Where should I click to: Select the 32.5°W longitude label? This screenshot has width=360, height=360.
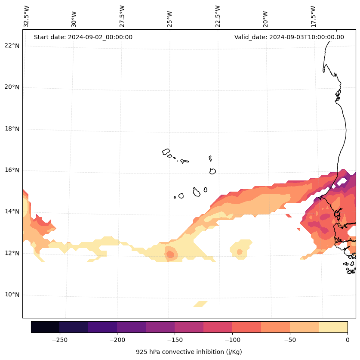(x=27, y=16)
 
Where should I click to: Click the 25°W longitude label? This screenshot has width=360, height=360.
(x=170, y=19)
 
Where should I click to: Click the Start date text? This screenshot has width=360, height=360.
(x=83, y=37)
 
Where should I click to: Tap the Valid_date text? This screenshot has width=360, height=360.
(x=289, y=37)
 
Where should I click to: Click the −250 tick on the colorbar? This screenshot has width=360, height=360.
(x=59, y=340)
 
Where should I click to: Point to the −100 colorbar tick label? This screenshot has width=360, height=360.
(x=232, y=340)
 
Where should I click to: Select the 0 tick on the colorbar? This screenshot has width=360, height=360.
(x=347, y=340)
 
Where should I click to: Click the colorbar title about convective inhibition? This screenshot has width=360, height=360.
(x=189, y=352)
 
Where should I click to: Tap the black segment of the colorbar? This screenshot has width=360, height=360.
(x=45, y=327)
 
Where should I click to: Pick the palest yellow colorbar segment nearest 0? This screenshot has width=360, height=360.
(x=333, y=327)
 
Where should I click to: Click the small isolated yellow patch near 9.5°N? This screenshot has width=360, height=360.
(x=200, y=304)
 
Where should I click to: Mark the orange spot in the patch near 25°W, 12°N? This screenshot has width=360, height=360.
(x=170, y=254)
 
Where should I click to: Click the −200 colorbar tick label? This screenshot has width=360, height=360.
(x=117, y=340)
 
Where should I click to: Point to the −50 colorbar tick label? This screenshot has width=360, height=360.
(x=290, y=340)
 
